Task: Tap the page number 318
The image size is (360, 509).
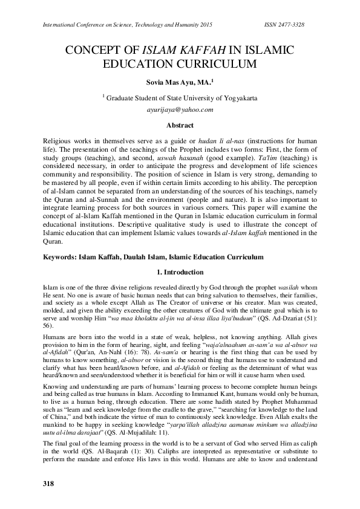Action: pyautogui.click(x=49, y=484)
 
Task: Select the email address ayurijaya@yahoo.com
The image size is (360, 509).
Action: pyautogui.click(x=180, y=111)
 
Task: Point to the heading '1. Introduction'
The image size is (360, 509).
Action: pyautogui.click(x=180, y=272)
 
